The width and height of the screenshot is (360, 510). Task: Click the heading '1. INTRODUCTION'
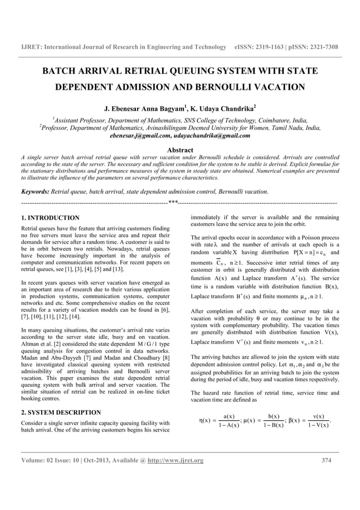click(x=50, y=217)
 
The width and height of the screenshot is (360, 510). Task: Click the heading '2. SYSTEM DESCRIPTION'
click(x=60, y=396)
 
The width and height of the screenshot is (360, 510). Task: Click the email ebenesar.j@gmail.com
click(x=142, y=136)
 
